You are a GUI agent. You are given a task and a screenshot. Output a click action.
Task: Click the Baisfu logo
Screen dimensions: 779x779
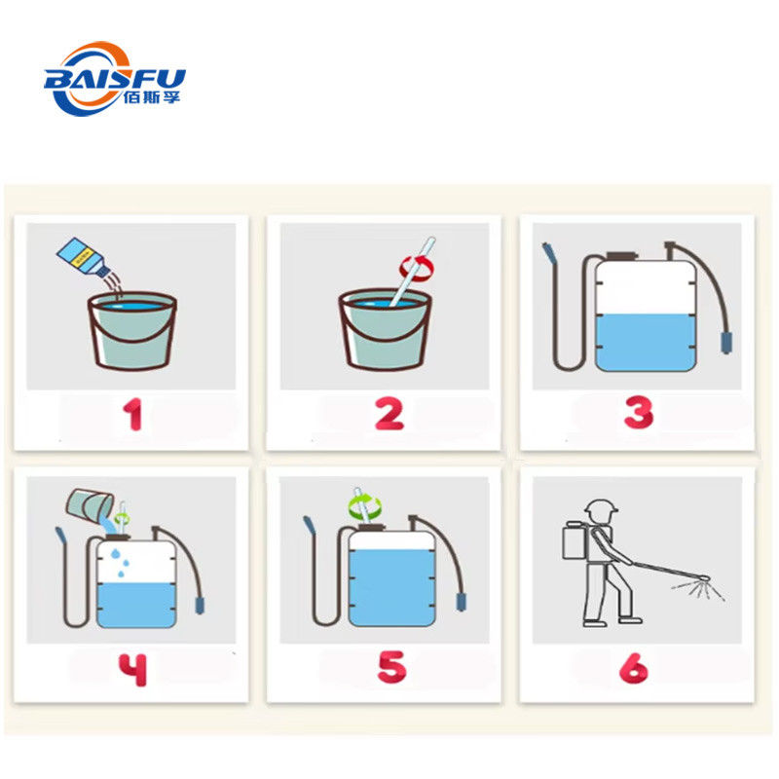click(115, 79)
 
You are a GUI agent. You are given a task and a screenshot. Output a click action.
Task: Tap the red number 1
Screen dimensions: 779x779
click(133, 415)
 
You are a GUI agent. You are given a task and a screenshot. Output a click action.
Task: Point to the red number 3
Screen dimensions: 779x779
click(639, 412)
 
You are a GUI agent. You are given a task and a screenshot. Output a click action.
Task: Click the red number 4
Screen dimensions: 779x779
click(132, 670)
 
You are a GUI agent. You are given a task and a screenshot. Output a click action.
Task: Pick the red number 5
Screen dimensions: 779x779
click(392, 668)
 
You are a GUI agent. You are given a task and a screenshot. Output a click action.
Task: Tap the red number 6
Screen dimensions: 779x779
click(634, 668)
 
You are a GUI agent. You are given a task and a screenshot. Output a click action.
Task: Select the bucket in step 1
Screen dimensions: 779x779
click(132, 331)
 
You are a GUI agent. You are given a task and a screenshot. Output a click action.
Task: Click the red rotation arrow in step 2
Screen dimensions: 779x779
click(417, 268)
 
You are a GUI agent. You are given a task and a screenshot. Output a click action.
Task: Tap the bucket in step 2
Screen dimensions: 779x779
click(385, 330)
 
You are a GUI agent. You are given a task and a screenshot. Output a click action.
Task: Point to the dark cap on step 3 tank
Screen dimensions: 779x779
click(621, 256)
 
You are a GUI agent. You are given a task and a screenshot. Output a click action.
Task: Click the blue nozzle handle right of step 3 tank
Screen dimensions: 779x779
click(726, 344)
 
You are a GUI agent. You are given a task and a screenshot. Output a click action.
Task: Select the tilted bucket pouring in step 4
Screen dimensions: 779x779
click(91, 507)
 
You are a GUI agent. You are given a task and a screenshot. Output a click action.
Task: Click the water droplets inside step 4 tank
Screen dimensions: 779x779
click(120, 563)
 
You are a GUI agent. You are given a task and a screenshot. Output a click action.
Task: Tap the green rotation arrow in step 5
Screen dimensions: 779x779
click(365, 505)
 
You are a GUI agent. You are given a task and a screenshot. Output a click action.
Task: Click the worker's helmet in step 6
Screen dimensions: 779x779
click(601, 508)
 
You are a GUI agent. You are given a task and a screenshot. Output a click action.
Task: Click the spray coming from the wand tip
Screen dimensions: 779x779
click(698, 589)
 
